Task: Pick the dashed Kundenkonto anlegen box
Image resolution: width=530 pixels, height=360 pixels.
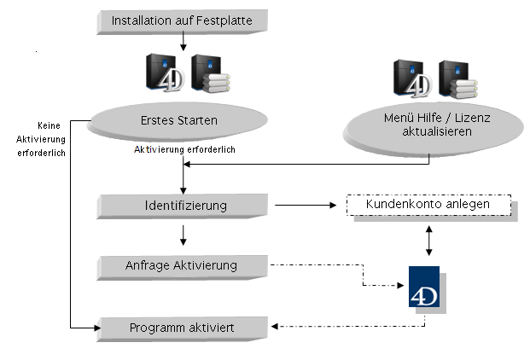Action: (428, 206)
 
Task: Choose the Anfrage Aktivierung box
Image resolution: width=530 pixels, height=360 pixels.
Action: (183, 265)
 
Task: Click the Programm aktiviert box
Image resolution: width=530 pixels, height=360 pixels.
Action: (183, 327)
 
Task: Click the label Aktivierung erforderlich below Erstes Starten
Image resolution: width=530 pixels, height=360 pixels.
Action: (184, 149)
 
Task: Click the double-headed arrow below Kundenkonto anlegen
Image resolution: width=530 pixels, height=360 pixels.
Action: (428, 241)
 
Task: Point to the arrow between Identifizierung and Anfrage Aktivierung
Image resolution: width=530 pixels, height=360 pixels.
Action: (183, 235)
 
